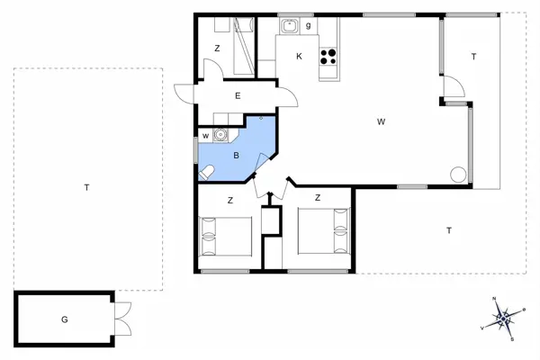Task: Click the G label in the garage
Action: point(64,319)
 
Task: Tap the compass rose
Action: point(503,318)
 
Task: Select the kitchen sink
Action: point(289,26)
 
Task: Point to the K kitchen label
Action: point(299,55)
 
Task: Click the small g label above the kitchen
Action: point(309,25)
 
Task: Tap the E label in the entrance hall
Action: point(238,94)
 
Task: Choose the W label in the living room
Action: point(382,121)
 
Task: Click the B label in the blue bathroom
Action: point(236,155)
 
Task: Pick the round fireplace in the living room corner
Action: point(459,175)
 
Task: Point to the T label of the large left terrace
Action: point(86,187)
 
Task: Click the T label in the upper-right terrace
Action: point(472,57)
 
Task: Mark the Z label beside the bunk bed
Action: point(217,48)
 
